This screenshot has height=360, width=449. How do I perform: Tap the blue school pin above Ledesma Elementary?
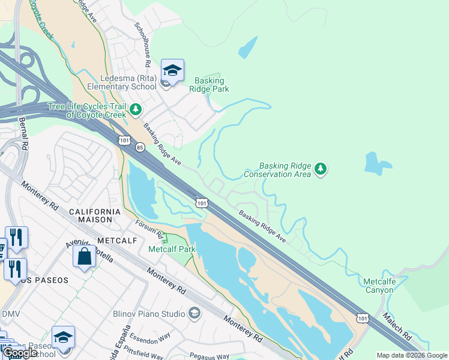click(x=172, y=71)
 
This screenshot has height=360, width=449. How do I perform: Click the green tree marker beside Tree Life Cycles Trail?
click(x=136, y=109)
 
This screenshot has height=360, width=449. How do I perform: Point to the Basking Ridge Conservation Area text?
click(x=277, y=170)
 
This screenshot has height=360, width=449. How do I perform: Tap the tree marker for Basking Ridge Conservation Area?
click(x=321, y=169)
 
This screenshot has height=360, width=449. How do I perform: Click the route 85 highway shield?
click(x=139, y=147)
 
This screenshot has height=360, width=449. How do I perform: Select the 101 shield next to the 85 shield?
click(x=124, y=140)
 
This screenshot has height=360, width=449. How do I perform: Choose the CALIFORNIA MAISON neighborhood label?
click(x=95, y=215)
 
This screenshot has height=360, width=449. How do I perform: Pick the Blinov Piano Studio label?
click(x=149, y=313)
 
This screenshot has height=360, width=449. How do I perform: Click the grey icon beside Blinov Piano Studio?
click(x=194, y=313)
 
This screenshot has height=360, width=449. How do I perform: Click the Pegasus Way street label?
click(x=210, y=356)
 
